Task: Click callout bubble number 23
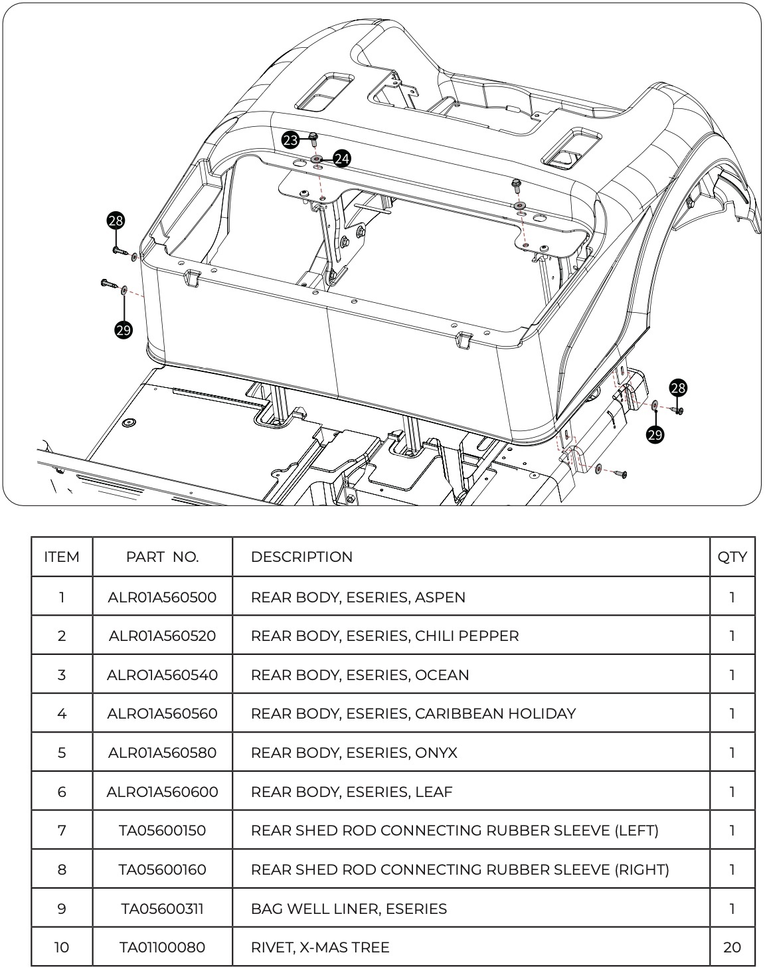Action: (290, 140)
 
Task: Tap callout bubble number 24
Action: (342, 159)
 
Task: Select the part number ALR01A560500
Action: (162, 597)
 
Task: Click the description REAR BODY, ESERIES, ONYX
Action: (354, 753)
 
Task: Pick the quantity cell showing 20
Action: (732, 947)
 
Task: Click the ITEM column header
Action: (62, 557)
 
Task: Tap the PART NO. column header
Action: (162, 557)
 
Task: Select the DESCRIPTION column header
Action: (301, 557)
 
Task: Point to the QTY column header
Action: (732, 557)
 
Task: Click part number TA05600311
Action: (162, 909)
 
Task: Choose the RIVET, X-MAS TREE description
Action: (320, 947)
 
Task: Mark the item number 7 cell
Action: (62, 830)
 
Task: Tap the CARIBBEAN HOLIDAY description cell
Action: (413, 714)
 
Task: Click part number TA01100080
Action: (162, 947)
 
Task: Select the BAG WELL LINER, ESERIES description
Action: (349, 909)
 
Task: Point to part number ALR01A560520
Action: (162, 636)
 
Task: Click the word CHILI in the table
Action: (432, 636)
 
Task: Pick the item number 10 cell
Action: (62, 947)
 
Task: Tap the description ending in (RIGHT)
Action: (460, 869)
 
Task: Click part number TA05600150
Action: (162, 830)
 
